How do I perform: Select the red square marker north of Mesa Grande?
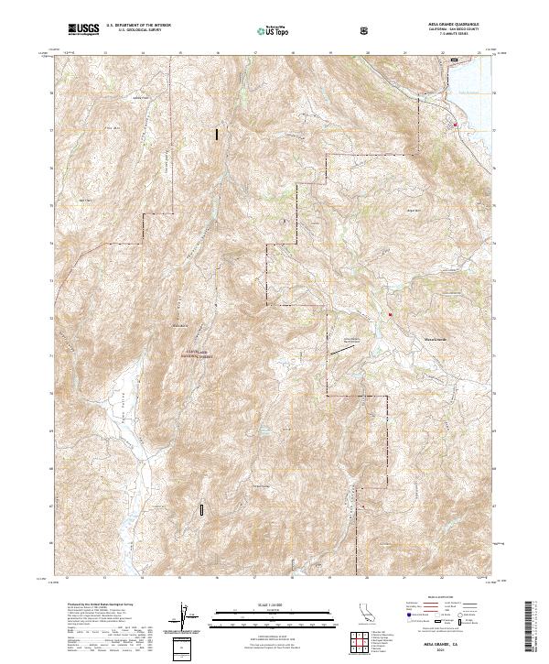[390, 315]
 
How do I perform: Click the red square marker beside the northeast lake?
[455, 124]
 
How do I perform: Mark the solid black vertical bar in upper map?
[217, 134]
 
